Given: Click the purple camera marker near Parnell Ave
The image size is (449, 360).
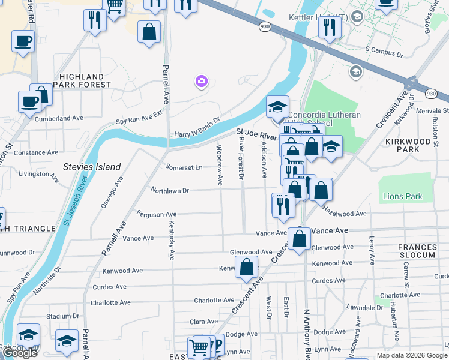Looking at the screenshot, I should [201, 80].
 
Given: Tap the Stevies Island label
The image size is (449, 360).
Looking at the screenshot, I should [92, 167].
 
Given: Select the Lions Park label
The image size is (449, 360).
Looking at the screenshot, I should [402, 196].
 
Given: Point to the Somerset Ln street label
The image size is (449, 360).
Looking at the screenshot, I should [184, 168].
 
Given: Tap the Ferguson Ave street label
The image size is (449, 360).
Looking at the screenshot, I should [157, 214].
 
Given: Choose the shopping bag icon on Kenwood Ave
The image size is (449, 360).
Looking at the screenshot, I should [247, 267].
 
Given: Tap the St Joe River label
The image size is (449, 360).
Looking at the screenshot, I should [255, 130].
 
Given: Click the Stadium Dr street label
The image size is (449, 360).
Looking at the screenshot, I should [62, 316].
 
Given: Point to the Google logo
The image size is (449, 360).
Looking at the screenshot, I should [20, 353].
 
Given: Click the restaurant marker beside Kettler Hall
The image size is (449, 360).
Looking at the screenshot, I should [330, 28].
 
